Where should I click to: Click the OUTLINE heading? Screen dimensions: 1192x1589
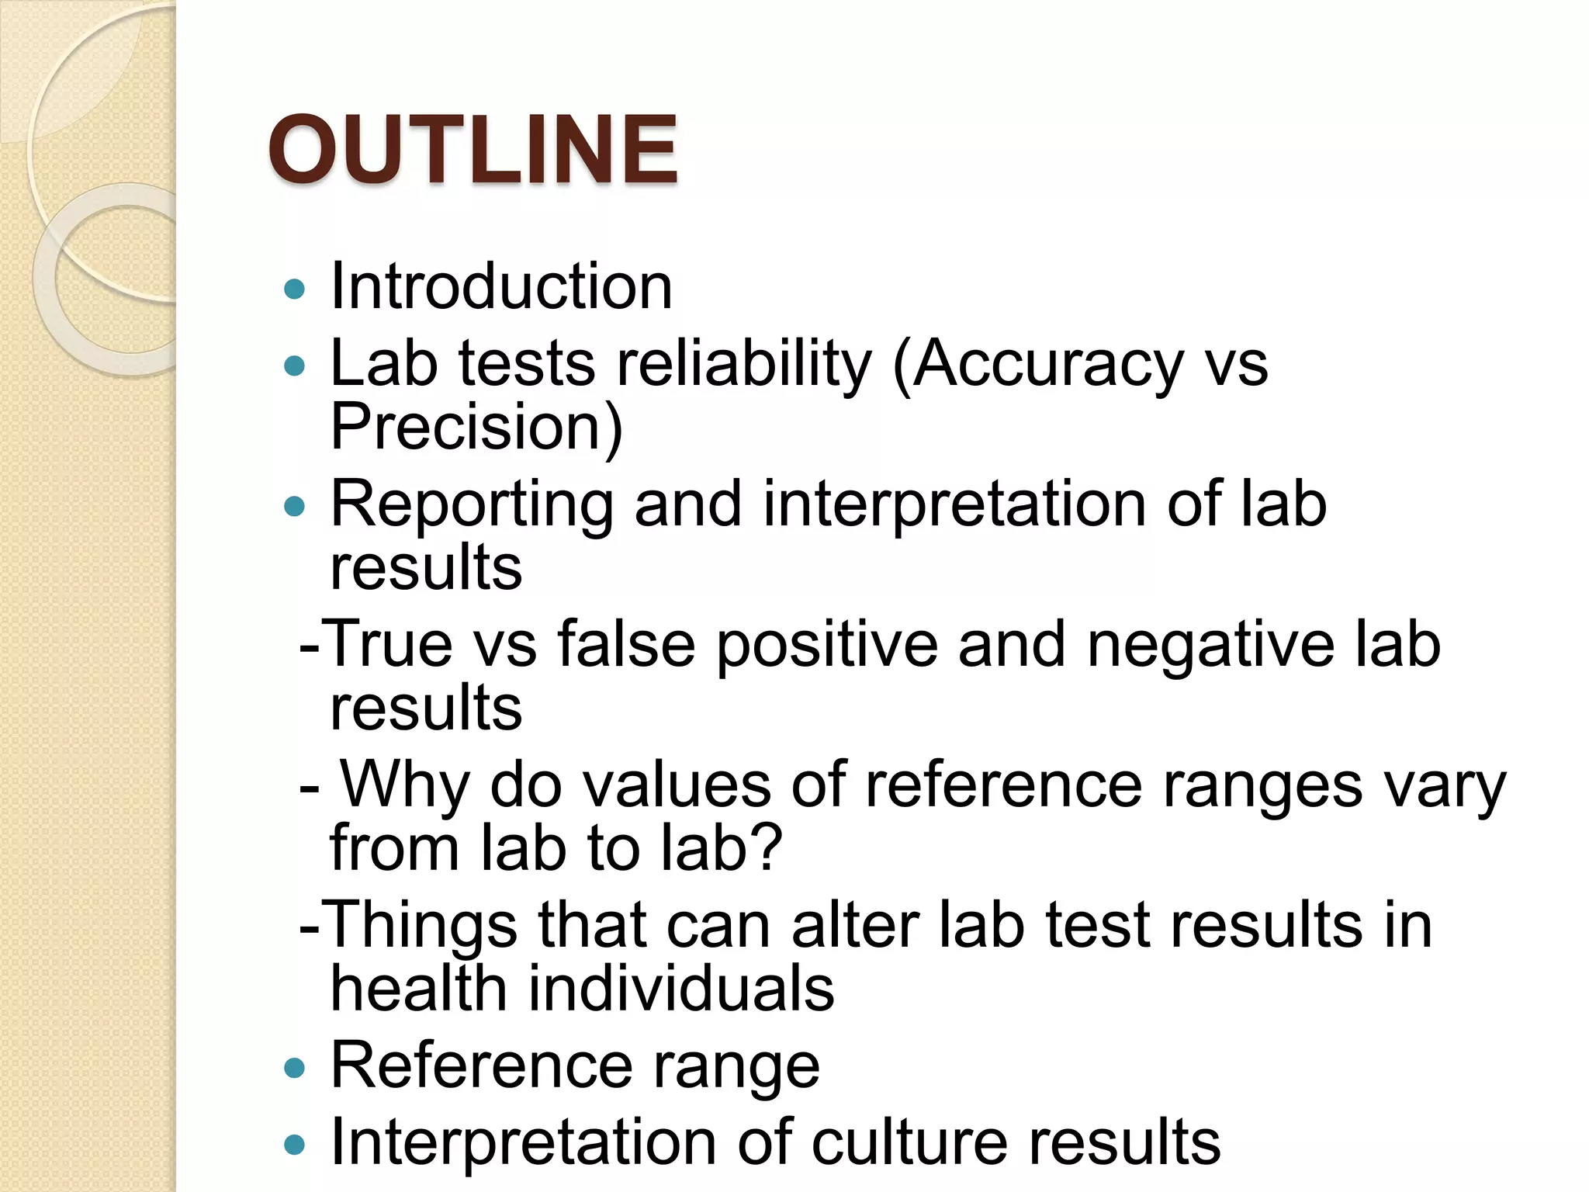(x=473, y=149)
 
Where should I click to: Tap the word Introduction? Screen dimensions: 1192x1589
(x=501, y=286)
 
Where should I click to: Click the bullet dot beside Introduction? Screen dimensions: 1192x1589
(x=295, y=290)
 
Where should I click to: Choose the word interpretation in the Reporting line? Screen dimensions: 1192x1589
(x=954, y=504)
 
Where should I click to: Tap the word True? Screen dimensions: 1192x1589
(x=387, y=644)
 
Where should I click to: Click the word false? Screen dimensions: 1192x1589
(x=625, y=644)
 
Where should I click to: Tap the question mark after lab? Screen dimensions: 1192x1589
(x=767, y=847)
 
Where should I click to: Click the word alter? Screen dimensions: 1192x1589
(x=854, y=925)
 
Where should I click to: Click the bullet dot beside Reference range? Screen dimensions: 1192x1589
(x=295, y=1069)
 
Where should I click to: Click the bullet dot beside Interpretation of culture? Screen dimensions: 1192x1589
(x=295, y=1145)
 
